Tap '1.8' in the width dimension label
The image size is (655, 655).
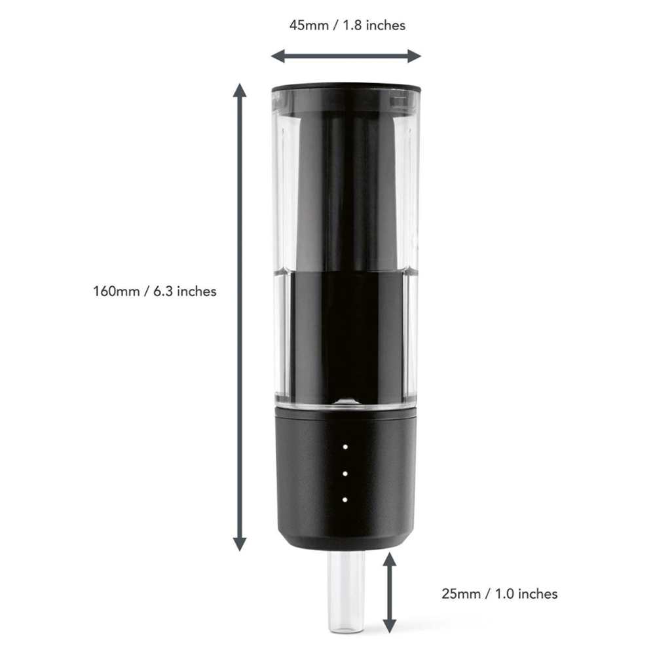point(352,26)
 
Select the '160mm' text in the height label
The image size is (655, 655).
point(116,291)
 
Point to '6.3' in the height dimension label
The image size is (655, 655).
point(163,291)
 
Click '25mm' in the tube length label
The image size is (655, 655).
point(460,593)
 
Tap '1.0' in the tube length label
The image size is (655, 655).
point(504,593)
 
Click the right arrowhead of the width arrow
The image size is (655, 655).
point(415,56)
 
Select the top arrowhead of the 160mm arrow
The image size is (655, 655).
point(240,90)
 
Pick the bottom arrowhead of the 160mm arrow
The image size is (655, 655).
point(240,544)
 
